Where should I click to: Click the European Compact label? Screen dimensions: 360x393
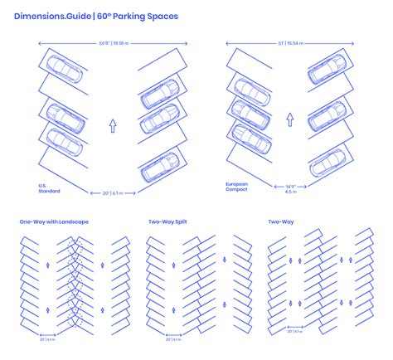click(237, 187)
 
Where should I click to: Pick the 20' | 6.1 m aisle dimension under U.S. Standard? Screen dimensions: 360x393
click(113, 193)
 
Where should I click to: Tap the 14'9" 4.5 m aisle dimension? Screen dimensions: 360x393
click(290, 190)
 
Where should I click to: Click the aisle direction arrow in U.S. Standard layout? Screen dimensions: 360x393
click(113, 126)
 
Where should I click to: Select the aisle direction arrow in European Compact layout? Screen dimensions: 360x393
click(289, 119)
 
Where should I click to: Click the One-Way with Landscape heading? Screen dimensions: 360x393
click(53, 221)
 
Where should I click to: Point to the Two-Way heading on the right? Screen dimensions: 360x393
click(280, 221)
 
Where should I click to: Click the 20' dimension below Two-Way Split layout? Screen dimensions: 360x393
click(171, 339)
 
